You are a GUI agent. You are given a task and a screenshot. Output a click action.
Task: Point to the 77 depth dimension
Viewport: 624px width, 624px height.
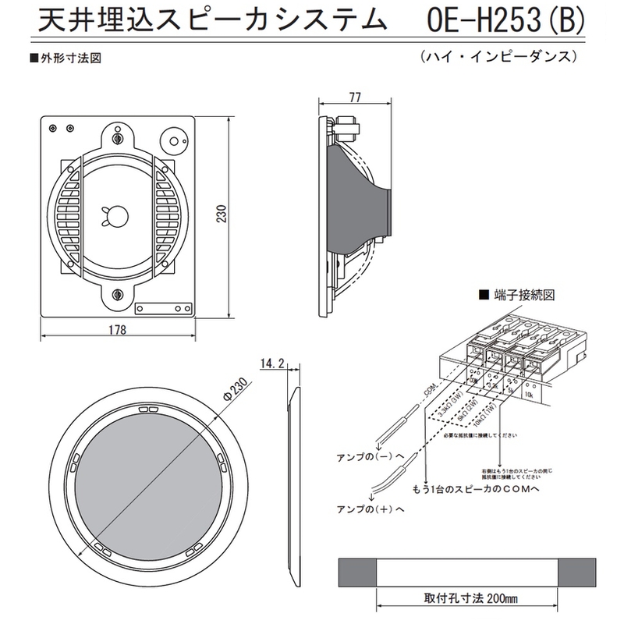tap(355, 97)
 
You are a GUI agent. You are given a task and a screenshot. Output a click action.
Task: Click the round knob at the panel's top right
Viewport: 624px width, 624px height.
tap(172, 142)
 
